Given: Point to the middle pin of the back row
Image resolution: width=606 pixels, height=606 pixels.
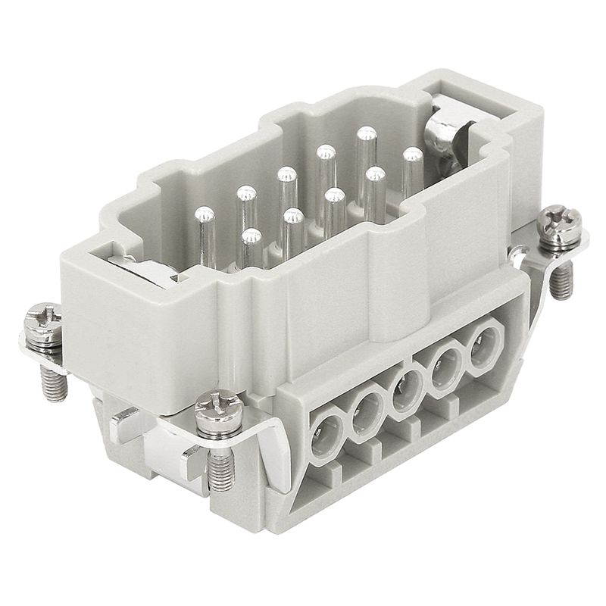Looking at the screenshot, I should pos(287,175).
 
